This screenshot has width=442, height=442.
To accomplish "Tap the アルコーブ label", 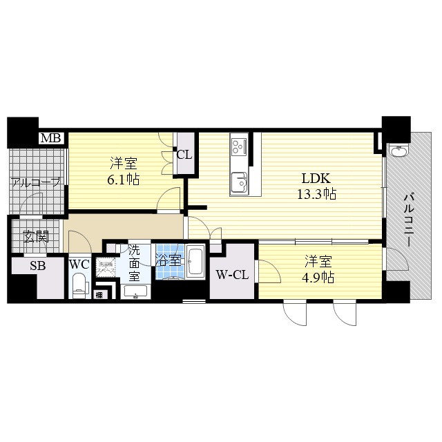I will click(35, 182).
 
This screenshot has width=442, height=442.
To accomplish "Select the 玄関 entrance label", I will click(36, 236).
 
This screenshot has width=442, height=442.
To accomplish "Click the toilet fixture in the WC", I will click(79, 284).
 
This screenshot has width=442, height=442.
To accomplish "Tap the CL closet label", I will click(184, 155).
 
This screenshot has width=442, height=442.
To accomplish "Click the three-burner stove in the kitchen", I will click(240, 146).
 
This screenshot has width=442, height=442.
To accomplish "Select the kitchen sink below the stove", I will click(240, 182).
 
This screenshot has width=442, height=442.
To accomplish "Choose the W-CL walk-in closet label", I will click(232, 276).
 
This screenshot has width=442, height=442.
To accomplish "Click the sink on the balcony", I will click(398, 151).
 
